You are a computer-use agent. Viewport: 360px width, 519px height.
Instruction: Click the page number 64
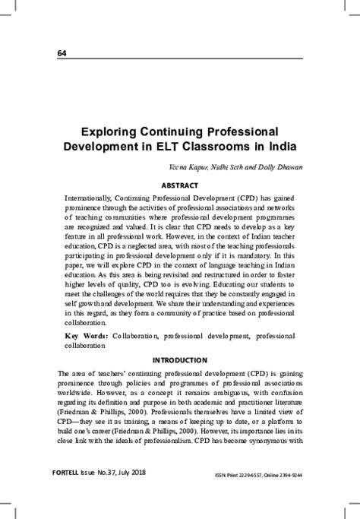[62, 52]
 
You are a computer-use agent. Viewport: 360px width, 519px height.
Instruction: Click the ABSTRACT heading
[180, 185]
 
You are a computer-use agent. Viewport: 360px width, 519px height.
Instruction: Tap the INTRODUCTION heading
[180, 359]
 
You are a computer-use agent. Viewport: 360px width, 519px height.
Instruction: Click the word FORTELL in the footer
[73, 492]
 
